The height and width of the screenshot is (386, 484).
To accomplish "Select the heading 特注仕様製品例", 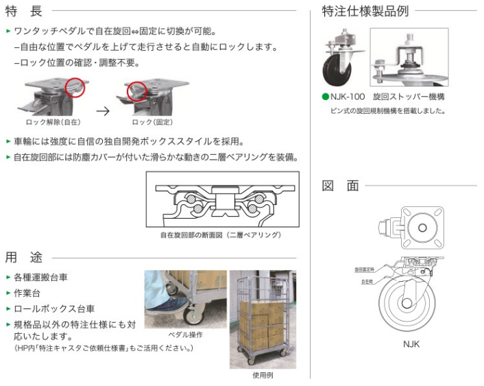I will (x=365, y=11).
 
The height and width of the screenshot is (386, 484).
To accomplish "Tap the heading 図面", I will (x=341, y=186).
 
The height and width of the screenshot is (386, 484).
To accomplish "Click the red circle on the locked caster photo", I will (x=138, y=91).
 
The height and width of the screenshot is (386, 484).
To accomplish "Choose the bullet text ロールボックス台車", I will (x=54, y=308).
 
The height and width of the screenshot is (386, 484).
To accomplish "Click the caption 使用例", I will (x=263, y=375).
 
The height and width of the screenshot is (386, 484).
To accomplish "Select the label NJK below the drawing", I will (x=411, y=343).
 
